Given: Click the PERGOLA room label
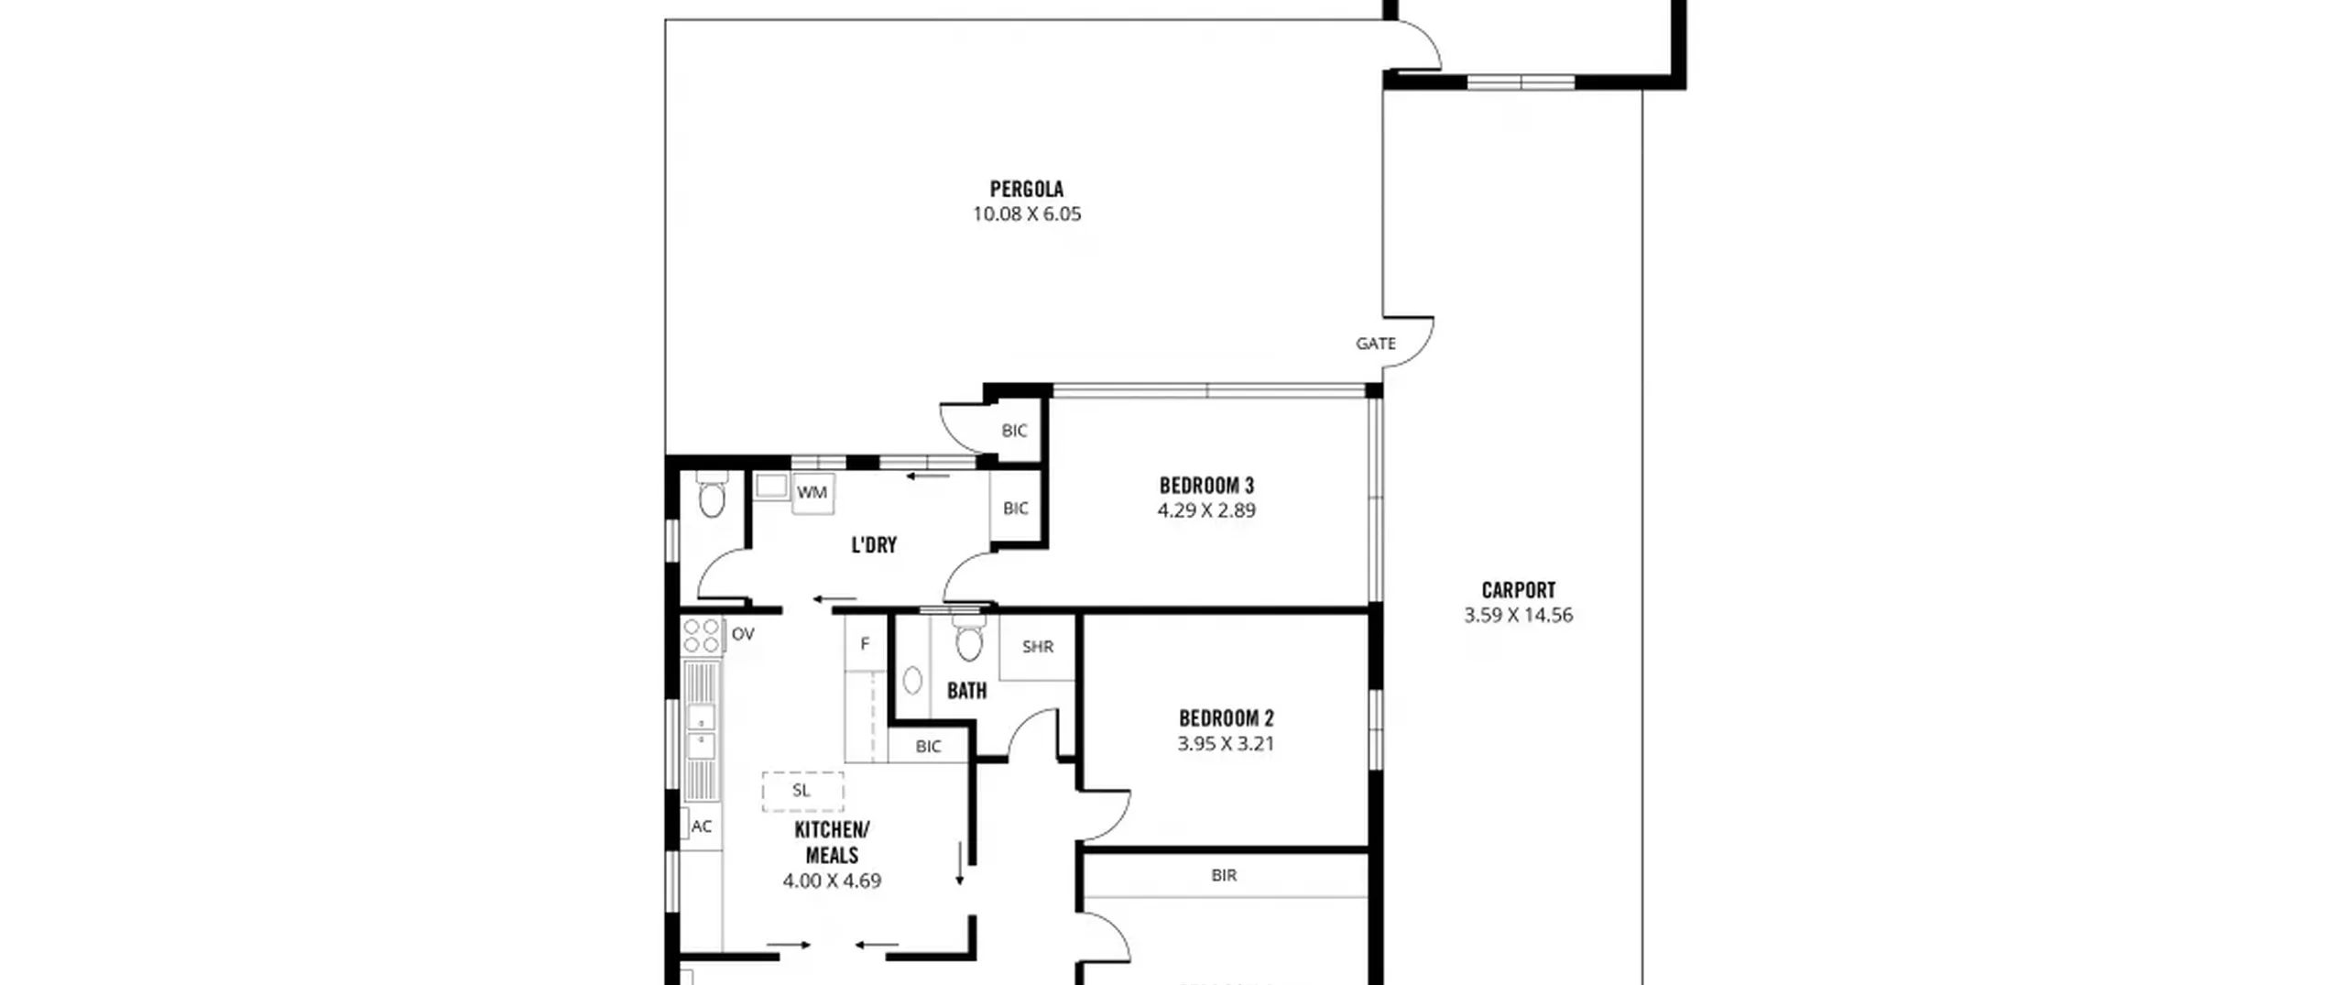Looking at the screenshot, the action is pyautogui.click(x=1026, y=190).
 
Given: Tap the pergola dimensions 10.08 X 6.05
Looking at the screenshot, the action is pyautogui.click(x=1026, y=214).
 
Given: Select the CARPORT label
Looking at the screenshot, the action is pyautogui.click(x=1518, y=590).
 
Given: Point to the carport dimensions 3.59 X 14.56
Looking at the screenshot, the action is pyautogui.click(x=1518, y=616).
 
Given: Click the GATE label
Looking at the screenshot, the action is pyautogui.click(x=1376, y=344).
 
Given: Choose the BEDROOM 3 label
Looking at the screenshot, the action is pyautogui.click(x=1206, y=486).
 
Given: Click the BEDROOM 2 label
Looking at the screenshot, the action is pyautogui.click(x=1226, y=718).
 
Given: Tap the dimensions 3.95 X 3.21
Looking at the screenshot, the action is pyautogui.click(x=1226, y=744).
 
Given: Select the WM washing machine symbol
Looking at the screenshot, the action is pyautogui.click(x=812, y=493).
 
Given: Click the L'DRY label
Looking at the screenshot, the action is pyautogui.click(x=874, y=545).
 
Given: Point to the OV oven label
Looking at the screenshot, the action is pyautogui.click(x=743, y=634).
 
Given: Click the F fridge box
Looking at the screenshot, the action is pyautogui.click(x=865, y=644).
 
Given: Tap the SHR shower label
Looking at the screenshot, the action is pyautogui.click(x=1038, y=647).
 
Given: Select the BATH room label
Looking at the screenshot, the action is pyautogui.click(x=966, y=691).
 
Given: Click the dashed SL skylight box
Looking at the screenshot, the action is pyautogui.click(x=802, y=792).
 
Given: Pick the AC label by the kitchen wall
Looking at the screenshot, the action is pyautogui.click(x=702, y=826).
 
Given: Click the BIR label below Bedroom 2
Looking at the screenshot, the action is pyautogui.click(x=1224, y=876).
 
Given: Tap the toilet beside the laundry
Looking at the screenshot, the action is pyautogui.click(x=712, y=495).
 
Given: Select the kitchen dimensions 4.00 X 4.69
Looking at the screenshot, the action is pyautogui.click(x=832, y=881).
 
